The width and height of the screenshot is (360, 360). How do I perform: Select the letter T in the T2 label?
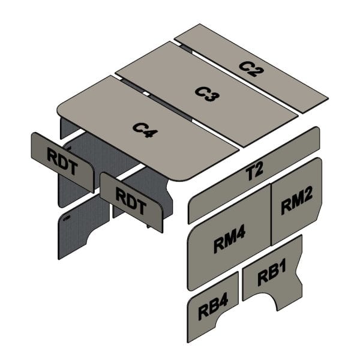(x=249, y=173)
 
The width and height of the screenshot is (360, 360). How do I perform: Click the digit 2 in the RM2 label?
(x=307, y=202)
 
